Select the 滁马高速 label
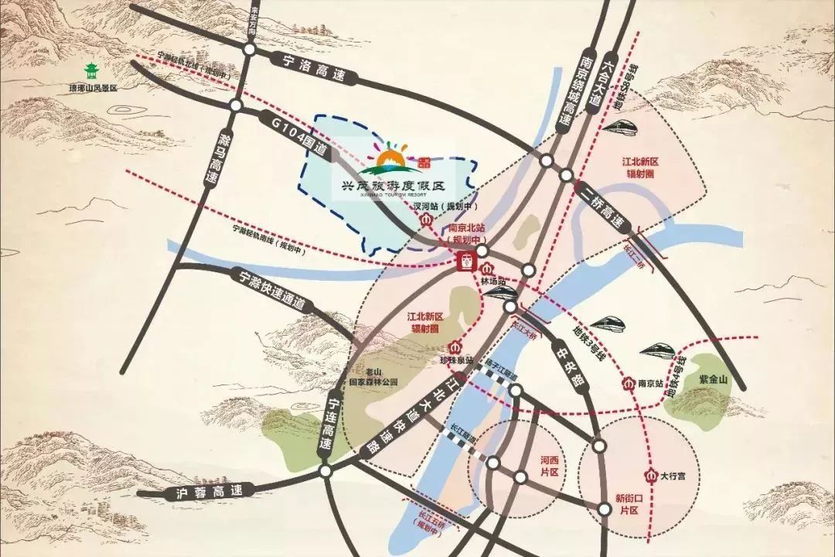(x=214, y=158)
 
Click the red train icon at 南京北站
(x=465, y=261)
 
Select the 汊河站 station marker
(x=425, y=220)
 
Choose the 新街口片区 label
(x=627, y=506)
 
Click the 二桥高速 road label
(x=600, y=203)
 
